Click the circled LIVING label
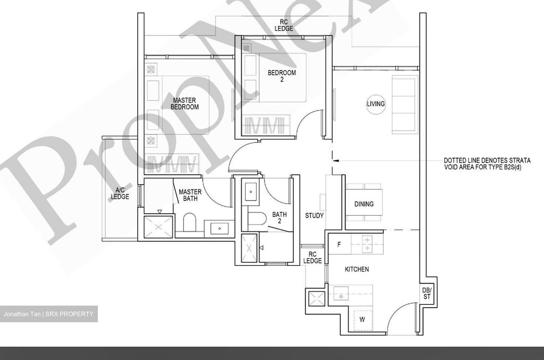pyautogui.click(x=376, y=104)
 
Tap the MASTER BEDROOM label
pyautogui.click(x=184, y=104)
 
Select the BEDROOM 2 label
pyautogui.click(x=282, y=76)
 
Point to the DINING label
pyautogui.click(x=364, y=204)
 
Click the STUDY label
pyautogui.click(x=314, y=215)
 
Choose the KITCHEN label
pyautogui.click(x=357, y=269)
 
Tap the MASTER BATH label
pyautogui.click(x=190, y=195)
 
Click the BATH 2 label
pyautogui.click(x=280, y=217)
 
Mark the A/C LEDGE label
pyautogui.click(x=120, y=193)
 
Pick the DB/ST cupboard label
pyautogui.click(x=427, y=293)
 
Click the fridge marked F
pyautogui.click(x=339, y=244)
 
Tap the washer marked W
pyautogui.click(x=362, y=320)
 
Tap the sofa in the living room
pyautogui.click(x=405, y=104)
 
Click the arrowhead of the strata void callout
pyautogui.click(x=336, y=161)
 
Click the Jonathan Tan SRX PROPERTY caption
pyautogui.click(x=49, y=314)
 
